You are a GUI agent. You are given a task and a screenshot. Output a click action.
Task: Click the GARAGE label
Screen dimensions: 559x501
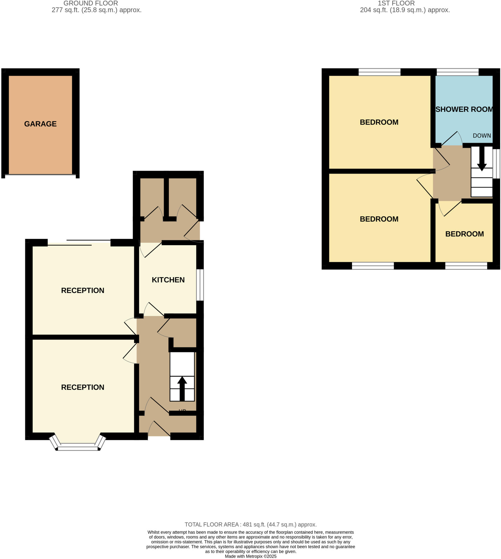40,124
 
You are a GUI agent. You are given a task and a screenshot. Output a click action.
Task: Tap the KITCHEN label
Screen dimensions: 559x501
168,280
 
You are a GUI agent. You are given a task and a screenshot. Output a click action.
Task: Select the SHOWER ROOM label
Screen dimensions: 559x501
464,109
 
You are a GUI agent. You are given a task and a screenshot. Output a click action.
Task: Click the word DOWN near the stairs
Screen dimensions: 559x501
482,135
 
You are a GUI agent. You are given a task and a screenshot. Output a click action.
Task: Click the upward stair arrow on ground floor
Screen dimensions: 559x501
182,388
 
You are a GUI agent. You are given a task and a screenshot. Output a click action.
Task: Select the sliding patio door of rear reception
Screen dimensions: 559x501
79,243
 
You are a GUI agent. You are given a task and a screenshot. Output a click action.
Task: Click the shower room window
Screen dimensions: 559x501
458,72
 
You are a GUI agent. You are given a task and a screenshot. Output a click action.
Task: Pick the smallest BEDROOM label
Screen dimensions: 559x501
464,234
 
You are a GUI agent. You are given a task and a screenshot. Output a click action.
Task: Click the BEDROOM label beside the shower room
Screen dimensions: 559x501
379,122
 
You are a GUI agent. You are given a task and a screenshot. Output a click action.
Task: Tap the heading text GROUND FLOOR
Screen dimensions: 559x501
91,3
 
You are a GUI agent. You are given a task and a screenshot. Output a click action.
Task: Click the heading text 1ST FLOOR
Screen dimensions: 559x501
396,3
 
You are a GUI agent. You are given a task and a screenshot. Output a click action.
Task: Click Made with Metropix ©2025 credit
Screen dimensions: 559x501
250,556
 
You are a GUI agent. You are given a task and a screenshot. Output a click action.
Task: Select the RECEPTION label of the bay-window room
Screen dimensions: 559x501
83,387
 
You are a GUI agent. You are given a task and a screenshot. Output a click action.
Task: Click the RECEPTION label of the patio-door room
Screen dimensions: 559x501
83,290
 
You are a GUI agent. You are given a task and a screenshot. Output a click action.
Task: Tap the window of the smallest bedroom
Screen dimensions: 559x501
466,266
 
